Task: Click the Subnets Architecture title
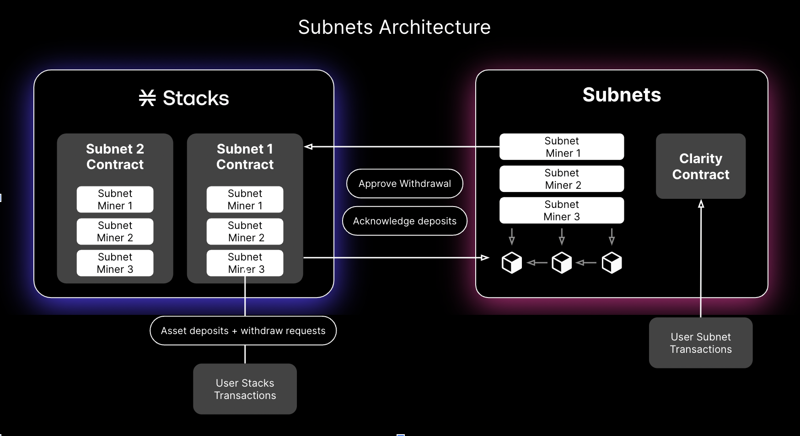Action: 394,27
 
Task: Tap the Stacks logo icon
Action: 147,98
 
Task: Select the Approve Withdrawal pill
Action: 405,184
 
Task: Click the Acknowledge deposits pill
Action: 405,221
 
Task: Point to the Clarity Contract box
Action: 700,166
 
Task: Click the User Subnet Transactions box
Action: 700,343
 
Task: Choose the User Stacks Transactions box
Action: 245,389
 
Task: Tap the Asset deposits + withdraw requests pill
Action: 243,331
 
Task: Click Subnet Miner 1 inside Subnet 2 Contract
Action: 115,200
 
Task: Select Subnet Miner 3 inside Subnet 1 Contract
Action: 245,263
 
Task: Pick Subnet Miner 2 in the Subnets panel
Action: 562,179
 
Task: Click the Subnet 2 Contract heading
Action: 115,157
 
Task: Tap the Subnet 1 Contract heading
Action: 245,157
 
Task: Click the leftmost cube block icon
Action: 511,263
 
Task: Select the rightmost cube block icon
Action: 612,263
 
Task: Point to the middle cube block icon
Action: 562,263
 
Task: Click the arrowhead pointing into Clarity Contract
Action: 701,204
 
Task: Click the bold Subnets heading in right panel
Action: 622,95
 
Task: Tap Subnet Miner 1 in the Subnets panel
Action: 562,147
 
